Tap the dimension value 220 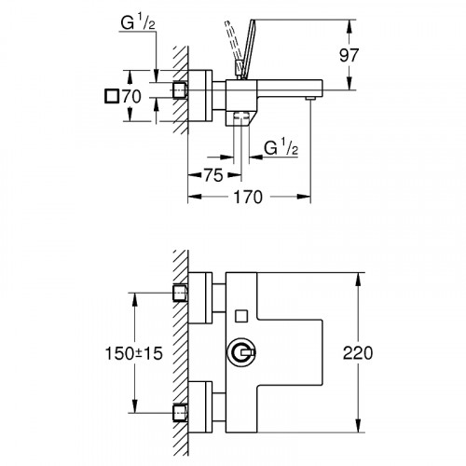click(x=372, y=353)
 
